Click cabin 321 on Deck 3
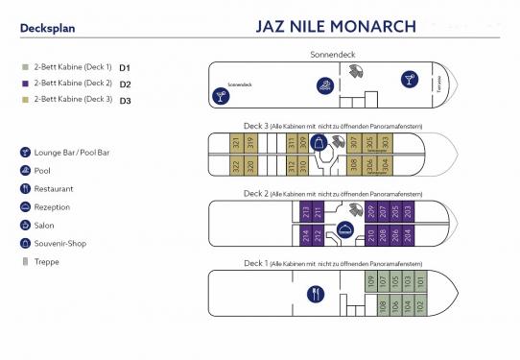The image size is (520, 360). [x=236, y=145]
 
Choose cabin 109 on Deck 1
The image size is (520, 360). [x=370, y=281]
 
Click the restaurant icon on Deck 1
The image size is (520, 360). [x=318, y=293]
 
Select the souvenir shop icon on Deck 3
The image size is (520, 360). [x=319, y=143]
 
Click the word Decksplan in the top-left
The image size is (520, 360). [x=46, y=28]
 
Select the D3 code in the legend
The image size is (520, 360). [x=125, y=100]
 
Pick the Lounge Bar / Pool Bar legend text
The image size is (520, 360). [x=73, y=152]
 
